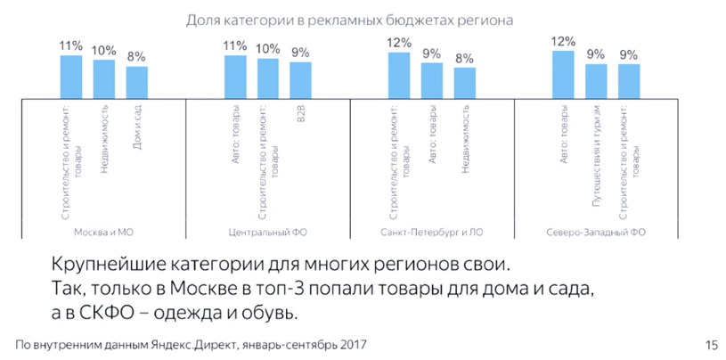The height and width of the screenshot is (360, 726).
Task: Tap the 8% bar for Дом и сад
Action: tap(137, 80)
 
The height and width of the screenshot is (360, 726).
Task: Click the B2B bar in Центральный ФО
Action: tap(301, 78)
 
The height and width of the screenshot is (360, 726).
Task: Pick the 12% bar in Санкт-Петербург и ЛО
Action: tap(399, 73)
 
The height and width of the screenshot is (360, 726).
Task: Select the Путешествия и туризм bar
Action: tap(596, 78)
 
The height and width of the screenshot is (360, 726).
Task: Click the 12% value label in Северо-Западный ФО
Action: tap(563, 41)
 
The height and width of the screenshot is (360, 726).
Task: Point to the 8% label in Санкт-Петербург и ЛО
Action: tap(465, 59)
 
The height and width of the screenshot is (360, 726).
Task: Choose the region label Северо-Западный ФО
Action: tap(596, 232)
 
